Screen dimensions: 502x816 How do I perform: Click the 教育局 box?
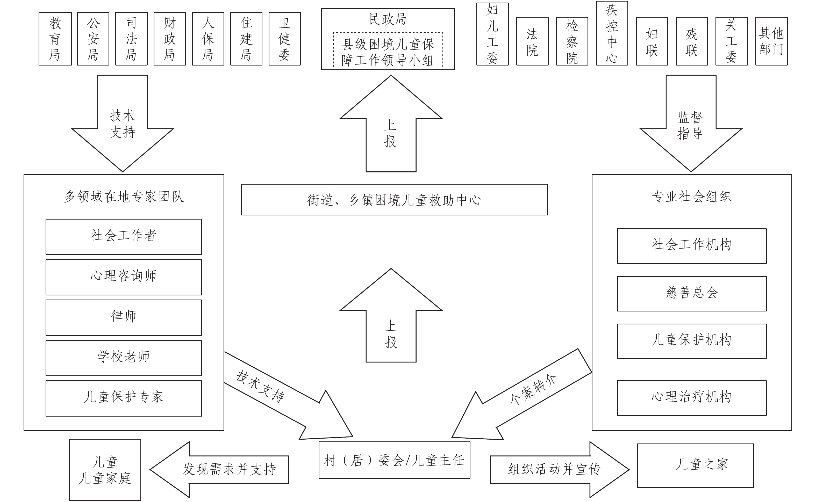(x=55, y=39)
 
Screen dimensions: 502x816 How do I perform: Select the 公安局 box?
(x=93, y=39)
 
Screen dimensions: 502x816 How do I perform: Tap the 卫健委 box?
(x=285, y=39)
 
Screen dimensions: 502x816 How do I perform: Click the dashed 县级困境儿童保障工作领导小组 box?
(x=388, y=52)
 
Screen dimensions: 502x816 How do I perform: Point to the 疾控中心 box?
(x=612, y=33)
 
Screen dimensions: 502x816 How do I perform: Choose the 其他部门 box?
(x=771, y=41)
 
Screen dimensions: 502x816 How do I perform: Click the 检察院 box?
(x=572, y=41)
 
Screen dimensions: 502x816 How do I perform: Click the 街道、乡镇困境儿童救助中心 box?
(x=394, y=200)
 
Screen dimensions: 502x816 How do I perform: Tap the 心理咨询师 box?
(x=124, y=277)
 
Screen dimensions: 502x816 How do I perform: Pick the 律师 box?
(x=124, y=317)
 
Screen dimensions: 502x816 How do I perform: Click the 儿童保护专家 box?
(x=124, y=398)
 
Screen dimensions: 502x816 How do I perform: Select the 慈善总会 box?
(x=692, y=294)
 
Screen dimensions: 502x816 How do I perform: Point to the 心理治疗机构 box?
(x=692, y=398)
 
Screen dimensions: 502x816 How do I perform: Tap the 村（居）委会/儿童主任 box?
(x=394, y=460)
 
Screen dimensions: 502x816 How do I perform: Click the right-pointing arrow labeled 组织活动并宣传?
(x=555, y=469)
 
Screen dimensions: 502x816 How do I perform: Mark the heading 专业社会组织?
(x=691, y=197)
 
